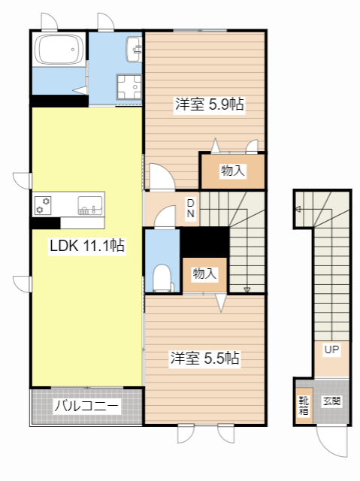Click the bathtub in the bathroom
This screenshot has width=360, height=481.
pyautogui.click(x=59, y=50)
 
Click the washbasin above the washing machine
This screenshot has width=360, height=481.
pyautogui.click(x=135, y=49)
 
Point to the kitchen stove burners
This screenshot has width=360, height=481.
pyautogui.click(x=44, y=204)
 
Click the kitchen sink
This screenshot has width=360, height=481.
pyautogui.click(x=90, y=204)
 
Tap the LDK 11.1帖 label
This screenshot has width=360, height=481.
pyautogui.click(x=86, y=246)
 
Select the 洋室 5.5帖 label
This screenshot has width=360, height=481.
pyautogui.click(x=204, y=358)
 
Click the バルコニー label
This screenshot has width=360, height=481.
pyautogui.click(x=86, y=407)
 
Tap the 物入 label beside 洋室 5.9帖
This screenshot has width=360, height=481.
pyautogui.click(x=232, y=171)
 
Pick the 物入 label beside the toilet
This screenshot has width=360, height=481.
pyautogui.click(x=204, y=274)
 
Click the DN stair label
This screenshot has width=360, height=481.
pyautogui.click(x=191, y=208)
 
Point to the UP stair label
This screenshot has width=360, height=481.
pyautogui.click(x=331, y=349)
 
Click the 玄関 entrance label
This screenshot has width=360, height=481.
pyautogui.click(x=332, y=401)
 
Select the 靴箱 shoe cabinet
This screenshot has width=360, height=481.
pyautogui.click(x=303, y=406)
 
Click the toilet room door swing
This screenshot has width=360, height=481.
pyautogui.click(x=163, y=219)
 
